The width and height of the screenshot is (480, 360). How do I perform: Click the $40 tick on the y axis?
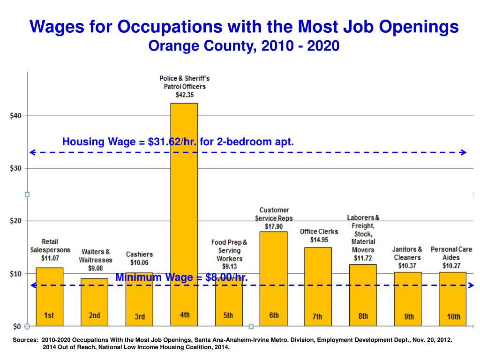click(x=16, y=115)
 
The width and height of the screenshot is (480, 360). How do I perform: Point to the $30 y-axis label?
click(x=16, y=168)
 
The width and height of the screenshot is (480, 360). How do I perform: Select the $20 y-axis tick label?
click(x=16, y=221)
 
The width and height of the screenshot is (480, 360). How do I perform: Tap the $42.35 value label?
click(x=185, y=95)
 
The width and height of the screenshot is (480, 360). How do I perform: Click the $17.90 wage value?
click(x=274, y=226)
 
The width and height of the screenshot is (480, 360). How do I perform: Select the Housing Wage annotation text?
click(x=178, y=142)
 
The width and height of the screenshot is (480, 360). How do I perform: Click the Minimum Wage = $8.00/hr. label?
click(x=181, y=277)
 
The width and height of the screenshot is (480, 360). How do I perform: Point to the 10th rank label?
click(x=453, y=316)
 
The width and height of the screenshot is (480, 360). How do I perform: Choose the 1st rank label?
click(x=49, y=315)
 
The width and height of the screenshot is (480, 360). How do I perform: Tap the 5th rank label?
click(x=228, y=315)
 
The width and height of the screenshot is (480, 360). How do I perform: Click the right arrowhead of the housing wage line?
click(x=463, y=152)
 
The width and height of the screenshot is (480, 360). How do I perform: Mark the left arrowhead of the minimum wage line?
click(x=33, y=285)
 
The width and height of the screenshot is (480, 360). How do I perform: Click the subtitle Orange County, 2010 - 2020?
click(x=243, y=46)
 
